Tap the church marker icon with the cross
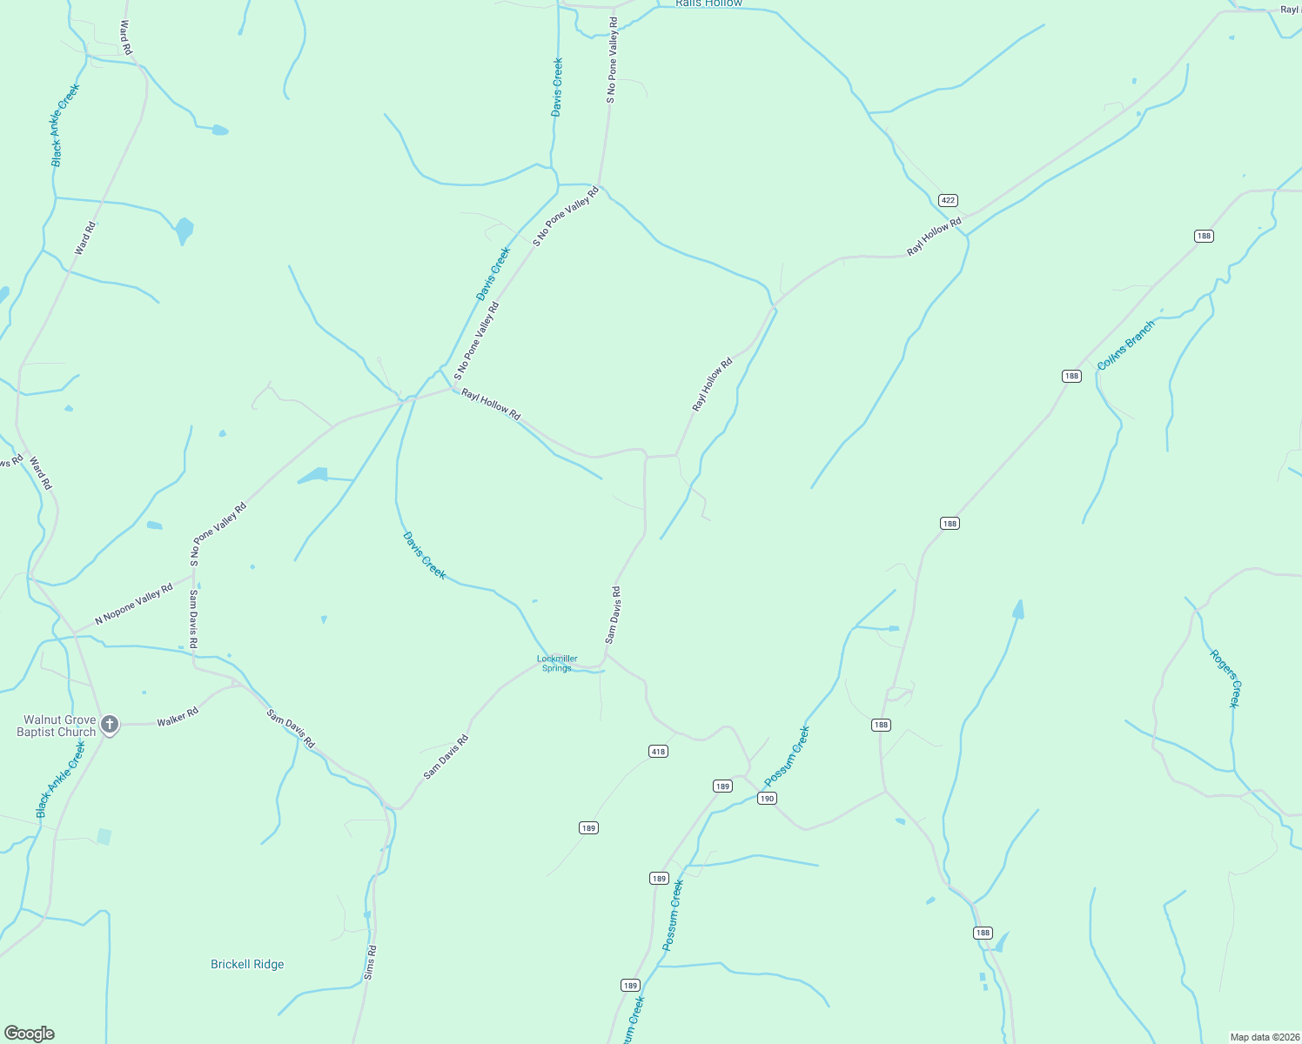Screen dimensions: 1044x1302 (x=110, y=724)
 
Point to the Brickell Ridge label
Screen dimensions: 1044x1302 (x=247, y=964)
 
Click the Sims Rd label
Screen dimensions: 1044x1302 (x=371, y=962)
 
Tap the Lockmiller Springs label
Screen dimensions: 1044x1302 (x=557, y=664)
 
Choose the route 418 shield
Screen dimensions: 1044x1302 (x=658, y=752)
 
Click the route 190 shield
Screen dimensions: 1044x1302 (x=766, y=799)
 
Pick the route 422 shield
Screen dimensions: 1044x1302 (x=948, y=200)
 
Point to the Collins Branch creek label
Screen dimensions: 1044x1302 (x=1125, y=345)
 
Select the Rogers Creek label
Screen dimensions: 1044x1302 (x=1225, y=679)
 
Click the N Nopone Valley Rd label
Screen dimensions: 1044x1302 (x=134, y=605)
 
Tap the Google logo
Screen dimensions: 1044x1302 (x=30, y=1034)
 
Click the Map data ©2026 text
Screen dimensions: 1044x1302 (x=1263, y=1037)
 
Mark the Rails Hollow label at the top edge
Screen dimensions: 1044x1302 (x=709, y=3)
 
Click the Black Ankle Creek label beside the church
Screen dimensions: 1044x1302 (x=61, y=779)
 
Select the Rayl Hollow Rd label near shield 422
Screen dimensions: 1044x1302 (x=934, y=237)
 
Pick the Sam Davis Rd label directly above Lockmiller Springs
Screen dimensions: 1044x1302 (x=613, y=615)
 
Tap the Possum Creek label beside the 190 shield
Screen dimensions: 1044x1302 (x=787, y=756)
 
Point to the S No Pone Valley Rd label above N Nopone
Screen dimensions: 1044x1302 (x=218, y=533)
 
